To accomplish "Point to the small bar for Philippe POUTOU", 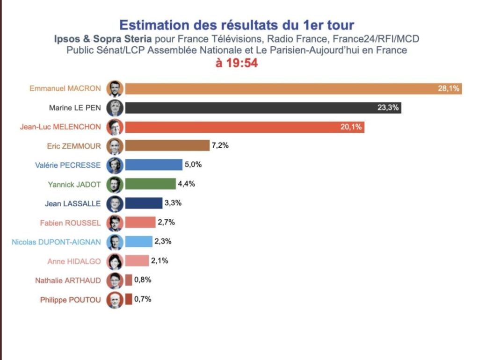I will [128, 299].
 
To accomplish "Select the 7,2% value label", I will [220, 146].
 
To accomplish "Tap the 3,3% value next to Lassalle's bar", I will [173, 203].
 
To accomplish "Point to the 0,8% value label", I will [142, 280].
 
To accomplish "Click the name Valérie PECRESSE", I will [68, 165].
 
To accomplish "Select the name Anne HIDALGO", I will [74, 261].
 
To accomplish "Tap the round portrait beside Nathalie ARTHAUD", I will [115, 281].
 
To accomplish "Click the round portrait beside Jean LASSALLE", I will [115, 204].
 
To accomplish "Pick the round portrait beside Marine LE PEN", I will [115, 108].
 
